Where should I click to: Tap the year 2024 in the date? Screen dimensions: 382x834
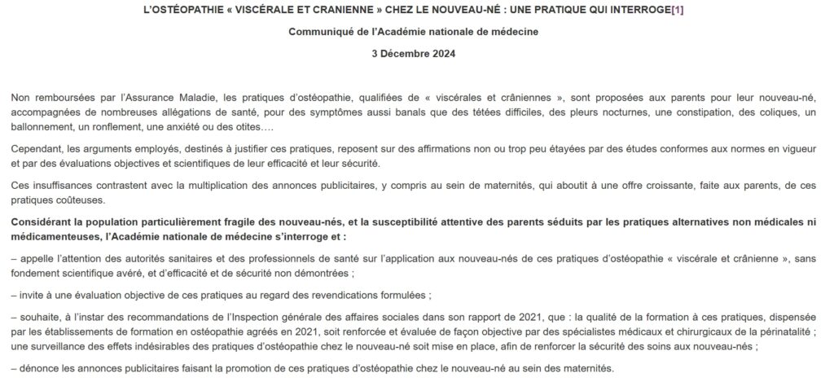[443, 55]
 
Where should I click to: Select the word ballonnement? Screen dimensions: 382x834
[45, 129]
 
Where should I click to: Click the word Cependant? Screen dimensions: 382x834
[39, 152]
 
